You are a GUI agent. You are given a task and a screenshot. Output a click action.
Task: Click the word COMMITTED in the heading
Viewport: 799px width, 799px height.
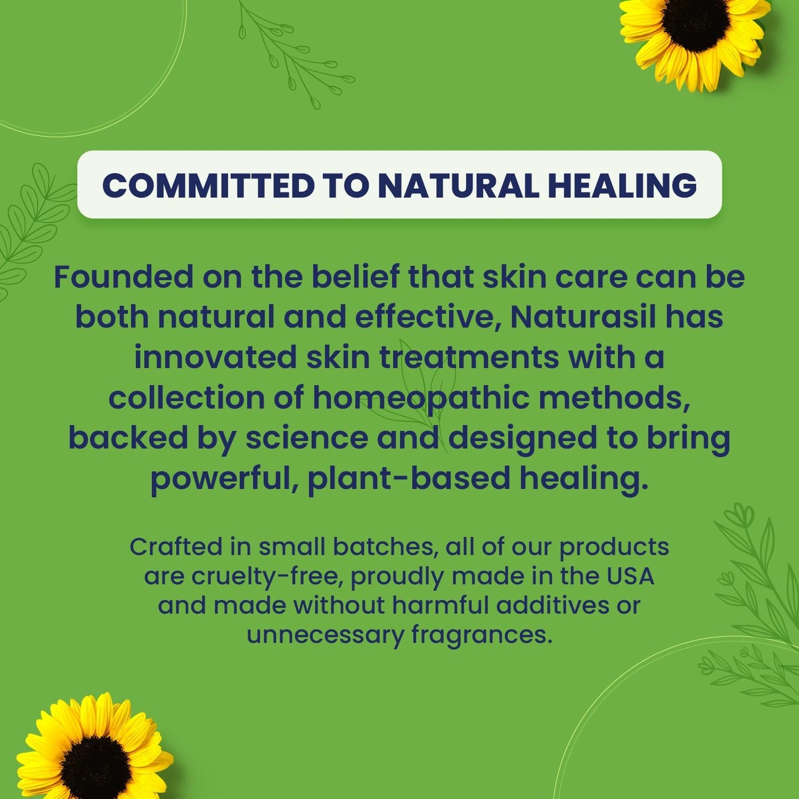point(208,185)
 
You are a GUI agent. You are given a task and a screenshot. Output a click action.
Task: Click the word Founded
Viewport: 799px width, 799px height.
point(123,277)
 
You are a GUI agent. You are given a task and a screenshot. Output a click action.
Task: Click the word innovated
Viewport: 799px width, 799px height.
point(216,358)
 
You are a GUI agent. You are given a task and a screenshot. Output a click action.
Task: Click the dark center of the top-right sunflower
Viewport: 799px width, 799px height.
point(696,25)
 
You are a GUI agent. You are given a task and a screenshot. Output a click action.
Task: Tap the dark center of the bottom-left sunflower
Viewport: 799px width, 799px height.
point(96,761)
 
